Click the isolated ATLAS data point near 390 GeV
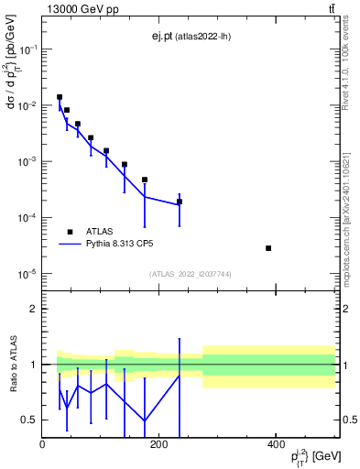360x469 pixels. pyautogui.click(x=294, y=248)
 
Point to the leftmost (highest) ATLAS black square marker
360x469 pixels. pyautogui.click(x=60, y=97)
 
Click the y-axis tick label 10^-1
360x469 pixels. pyautogui.click(x=29, y=49)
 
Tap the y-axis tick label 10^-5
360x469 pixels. pyautogui.click(x=29, y=274)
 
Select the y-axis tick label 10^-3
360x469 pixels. pyautogui.click(x=29, y=162)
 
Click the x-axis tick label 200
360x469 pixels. pyautogui.click(x=158, y=444)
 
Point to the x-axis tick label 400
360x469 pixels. pyautogui.click(x=276, y=444)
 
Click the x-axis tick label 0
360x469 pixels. pyautogui.click(x=42, y=444)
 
